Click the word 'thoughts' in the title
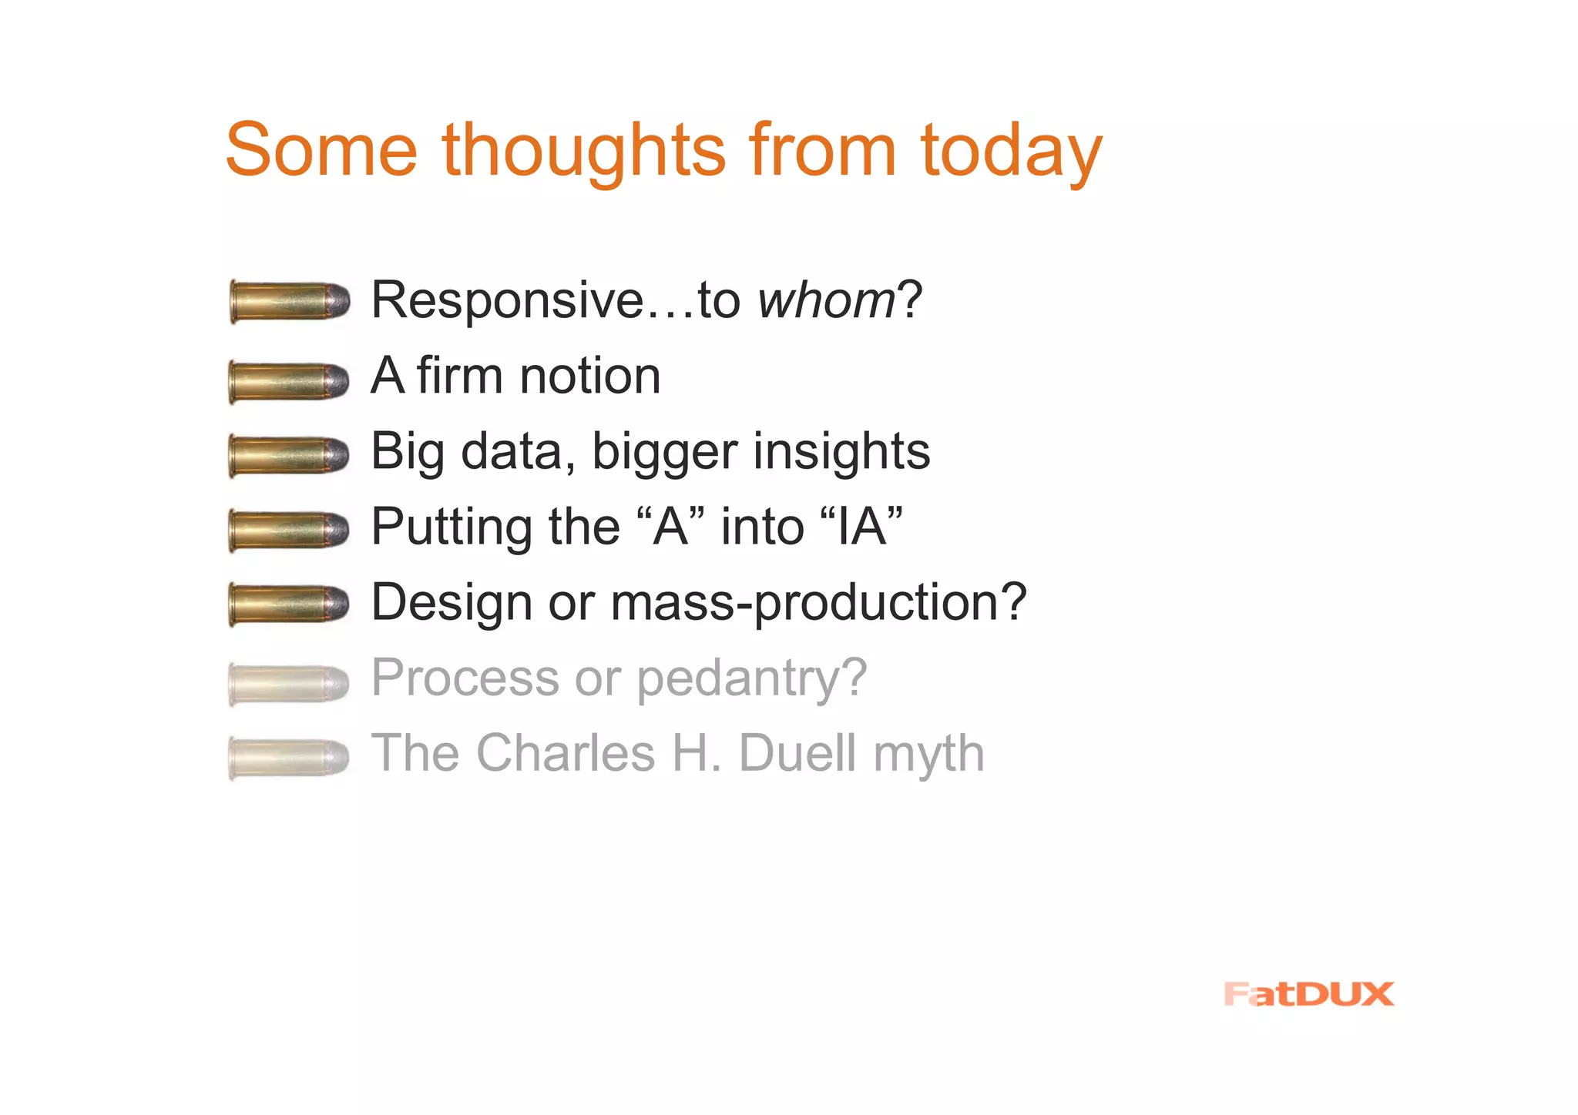point(583,151)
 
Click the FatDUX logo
point(1308,994)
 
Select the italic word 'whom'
point(826,300)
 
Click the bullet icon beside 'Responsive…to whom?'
point(290,301)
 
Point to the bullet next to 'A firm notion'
point(289,381)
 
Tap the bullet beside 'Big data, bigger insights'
point(289,456)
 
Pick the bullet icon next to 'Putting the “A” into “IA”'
point(289,531)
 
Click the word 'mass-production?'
point(818,602)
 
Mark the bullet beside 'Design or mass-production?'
point(289,604)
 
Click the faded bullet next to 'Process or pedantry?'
point(289,683)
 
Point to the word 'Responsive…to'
point(555,300)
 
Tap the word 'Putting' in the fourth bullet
point(452,527)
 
